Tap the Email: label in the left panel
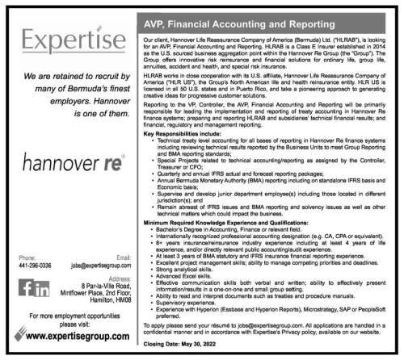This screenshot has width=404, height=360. point(123,257)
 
